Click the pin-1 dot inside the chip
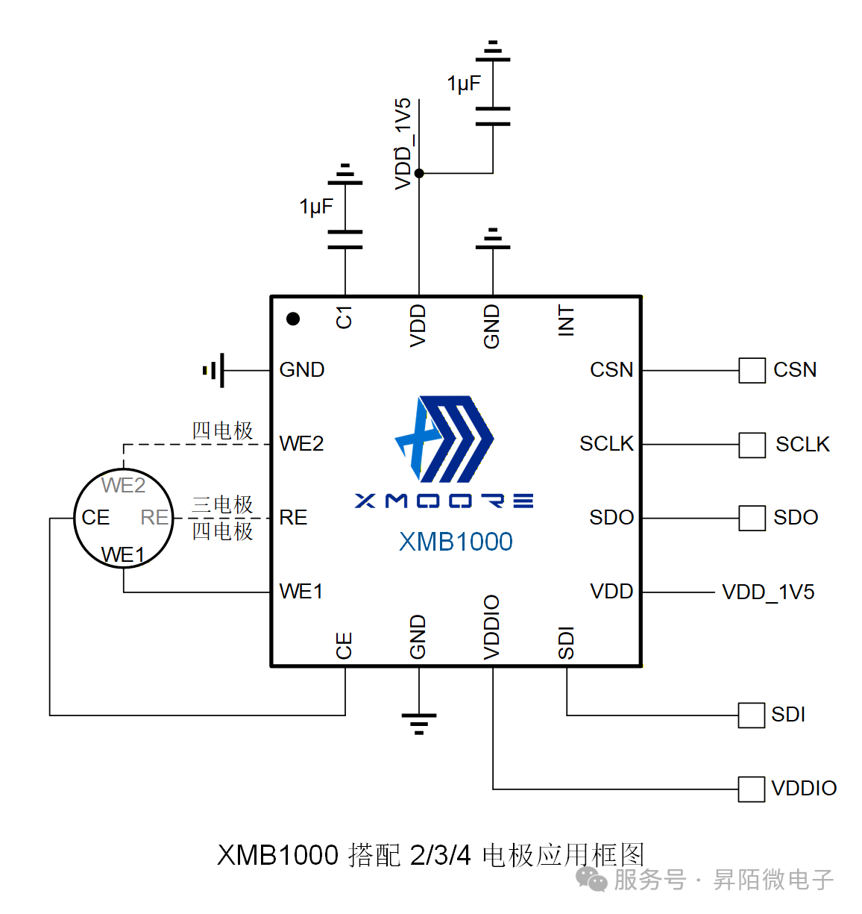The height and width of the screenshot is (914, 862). (x=293, y=319)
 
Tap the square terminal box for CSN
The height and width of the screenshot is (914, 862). (x=752, y=370)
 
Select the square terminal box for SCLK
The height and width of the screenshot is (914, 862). (x=752, y=445)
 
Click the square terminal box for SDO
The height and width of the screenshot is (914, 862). (x=752, y=518)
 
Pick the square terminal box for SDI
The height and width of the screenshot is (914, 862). (x=751, y=715)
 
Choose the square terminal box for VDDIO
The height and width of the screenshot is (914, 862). (x=751, y=789)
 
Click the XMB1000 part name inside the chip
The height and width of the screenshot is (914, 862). (x=456, y=542)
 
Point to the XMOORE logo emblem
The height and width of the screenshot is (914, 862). (x=444, y=439)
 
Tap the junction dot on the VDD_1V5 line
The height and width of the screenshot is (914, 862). (x=419, y=173)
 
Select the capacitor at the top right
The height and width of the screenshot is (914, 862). (x=493, y=116)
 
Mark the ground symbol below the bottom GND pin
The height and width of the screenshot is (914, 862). (x=419, y=722)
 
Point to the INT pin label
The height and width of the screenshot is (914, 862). (x=567, y=321)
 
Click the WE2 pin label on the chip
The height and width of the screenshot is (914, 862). (x=301, y=444)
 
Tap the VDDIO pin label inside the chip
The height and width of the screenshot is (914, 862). (x=492, y=627)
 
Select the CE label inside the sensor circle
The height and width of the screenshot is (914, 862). (x=95, y=518)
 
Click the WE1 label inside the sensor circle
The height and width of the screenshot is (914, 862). (x=123, y=555)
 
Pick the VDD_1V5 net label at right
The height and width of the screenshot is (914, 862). (x=768, y=592)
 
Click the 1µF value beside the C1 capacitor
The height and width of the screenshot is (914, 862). (x=316, y=207)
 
